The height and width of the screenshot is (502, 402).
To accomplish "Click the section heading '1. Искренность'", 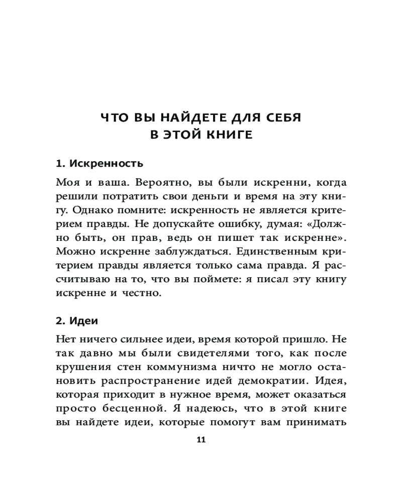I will coord(99,164).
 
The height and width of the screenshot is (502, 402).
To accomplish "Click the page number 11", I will coord(201,440).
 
